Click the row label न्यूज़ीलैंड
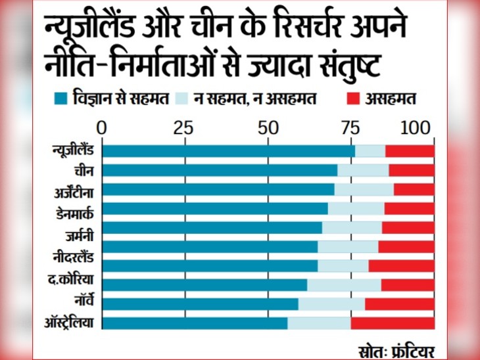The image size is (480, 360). [72, 151]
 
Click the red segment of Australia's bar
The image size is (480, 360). [392, 323]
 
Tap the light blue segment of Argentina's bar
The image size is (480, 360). [364, 189]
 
